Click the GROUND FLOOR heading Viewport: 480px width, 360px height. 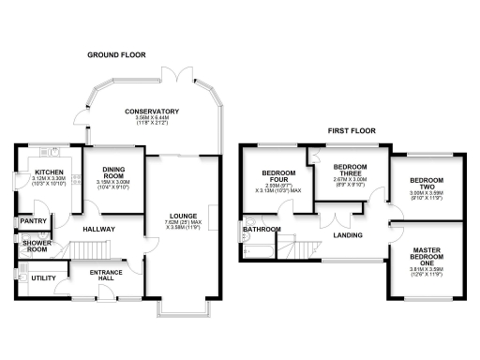pyautogui.click(x=117, y=55)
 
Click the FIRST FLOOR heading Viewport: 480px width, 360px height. pyautogui.click(x=352, y=131)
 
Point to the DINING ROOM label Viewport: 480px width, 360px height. pyautogui.click(x=113, y=173)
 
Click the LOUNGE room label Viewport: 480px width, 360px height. pyautogui.click(x=182, y=216)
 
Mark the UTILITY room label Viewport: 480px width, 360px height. pyautogui.click(x=41, y=278)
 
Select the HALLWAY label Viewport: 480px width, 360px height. pyautogui.click(x=98, y=228)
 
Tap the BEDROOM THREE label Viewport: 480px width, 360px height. pyautogui.click(x=349, y=170)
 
